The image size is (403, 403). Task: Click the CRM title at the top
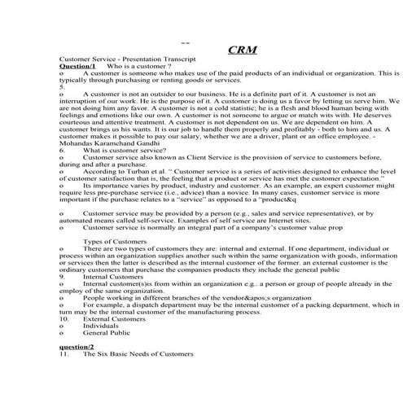[x=243, y=49]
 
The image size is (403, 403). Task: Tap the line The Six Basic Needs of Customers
[x=138, y=354]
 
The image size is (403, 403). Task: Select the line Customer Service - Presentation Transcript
[x=122, y=60]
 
